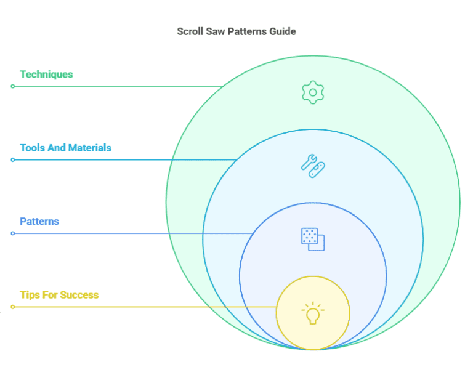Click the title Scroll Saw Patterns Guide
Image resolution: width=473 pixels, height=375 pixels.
click(236, 31)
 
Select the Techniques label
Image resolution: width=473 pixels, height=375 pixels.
click(46, 75)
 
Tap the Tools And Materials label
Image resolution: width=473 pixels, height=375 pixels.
click(65, 148)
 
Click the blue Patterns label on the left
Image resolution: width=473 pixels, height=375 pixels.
click(39, 221)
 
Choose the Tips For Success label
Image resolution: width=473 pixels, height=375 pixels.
click(59, 295)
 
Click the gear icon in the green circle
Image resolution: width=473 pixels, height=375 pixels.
click(313, 92)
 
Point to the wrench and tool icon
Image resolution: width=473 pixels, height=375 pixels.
click(313, 165)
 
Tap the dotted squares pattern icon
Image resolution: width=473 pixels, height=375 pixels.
click(313, 239)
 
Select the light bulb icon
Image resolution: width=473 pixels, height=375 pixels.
click(313, 313)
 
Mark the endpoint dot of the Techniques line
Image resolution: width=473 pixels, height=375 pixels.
click(12, 86)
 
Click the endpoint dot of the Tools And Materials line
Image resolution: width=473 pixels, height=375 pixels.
click(12, 160)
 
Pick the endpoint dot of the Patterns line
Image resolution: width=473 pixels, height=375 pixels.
click(12, 233)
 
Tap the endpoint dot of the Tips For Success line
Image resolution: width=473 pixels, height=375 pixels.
click(12, 307)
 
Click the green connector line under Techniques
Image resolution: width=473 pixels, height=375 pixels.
click(117, 86)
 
